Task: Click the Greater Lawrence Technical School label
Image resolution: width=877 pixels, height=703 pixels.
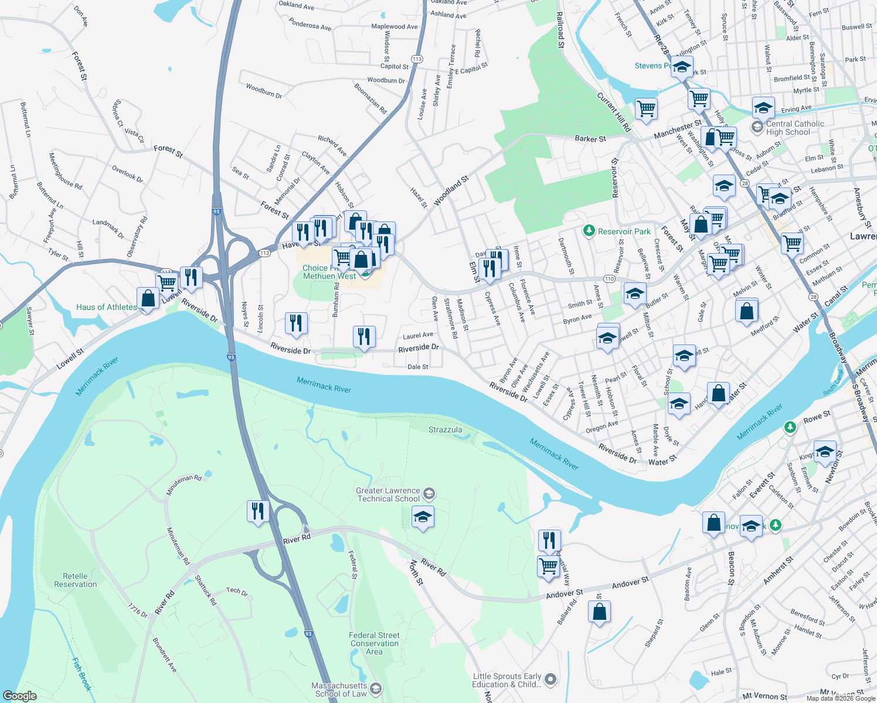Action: tap(388, 495)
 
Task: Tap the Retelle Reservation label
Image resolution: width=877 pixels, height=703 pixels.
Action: tap(75, 580)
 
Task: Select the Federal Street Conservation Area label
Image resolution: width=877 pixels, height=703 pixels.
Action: tap(374, 643)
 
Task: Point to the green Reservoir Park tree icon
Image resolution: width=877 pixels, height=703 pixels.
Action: tap(589, 231)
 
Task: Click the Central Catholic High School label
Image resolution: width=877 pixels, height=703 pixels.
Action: tap(794, 128)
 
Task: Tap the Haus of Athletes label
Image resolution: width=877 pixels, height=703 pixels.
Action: tap(106, 307)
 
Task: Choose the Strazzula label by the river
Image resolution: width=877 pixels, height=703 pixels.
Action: tap(445, 429)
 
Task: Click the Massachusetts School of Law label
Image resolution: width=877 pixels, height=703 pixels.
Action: tap(340, 690)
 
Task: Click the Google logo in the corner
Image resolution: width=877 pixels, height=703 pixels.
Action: tap(19, 695)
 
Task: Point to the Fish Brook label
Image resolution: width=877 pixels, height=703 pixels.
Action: tap(81, 674)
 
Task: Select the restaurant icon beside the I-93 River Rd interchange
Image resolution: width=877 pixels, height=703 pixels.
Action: tap(258, 511)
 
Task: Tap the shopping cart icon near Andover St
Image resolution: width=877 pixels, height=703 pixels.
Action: tap(548, 567)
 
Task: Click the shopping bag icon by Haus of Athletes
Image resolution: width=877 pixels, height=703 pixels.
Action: tap(148, 298)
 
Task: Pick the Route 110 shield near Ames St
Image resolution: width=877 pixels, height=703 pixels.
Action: tap(610, 279)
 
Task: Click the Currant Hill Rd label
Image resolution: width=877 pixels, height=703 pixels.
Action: tap(614, 111)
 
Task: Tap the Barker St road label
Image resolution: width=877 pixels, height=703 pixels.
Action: tap(590, 139)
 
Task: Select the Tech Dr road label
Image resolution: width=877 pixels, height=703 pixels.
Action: tap(237, 591)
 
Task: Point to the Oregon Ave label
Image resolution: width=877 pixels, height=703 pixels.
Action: tap(602, 427)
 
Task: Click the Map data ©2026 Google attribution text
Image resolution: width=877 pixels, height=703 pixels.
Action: tap(839, 698)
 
